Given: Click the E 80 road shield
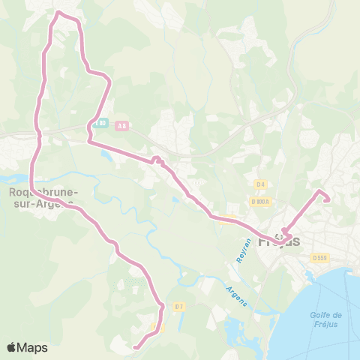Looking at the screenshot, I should (x=101, y=123).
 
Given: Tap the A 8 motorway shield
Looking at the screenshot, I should (x=121, y=127).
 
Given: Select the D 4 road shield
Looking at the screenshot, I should (x=260, y=184).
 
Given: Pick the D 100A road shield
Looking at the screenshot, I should (x=261, y=201).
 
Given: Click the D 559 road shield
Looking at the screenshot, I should (x=320, y=258).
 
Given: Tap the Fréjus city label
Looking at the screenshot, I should (x=278, y=242).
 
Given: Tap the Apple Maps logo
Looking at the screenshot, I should (x=27, y=347).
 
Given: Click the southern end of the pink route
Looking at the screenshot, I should (x=135, y=347).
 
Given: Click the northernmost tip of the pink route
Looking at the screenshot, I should (x=60, y=13).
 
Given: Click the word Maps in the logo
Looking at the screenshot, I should (x=33, y=347).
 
